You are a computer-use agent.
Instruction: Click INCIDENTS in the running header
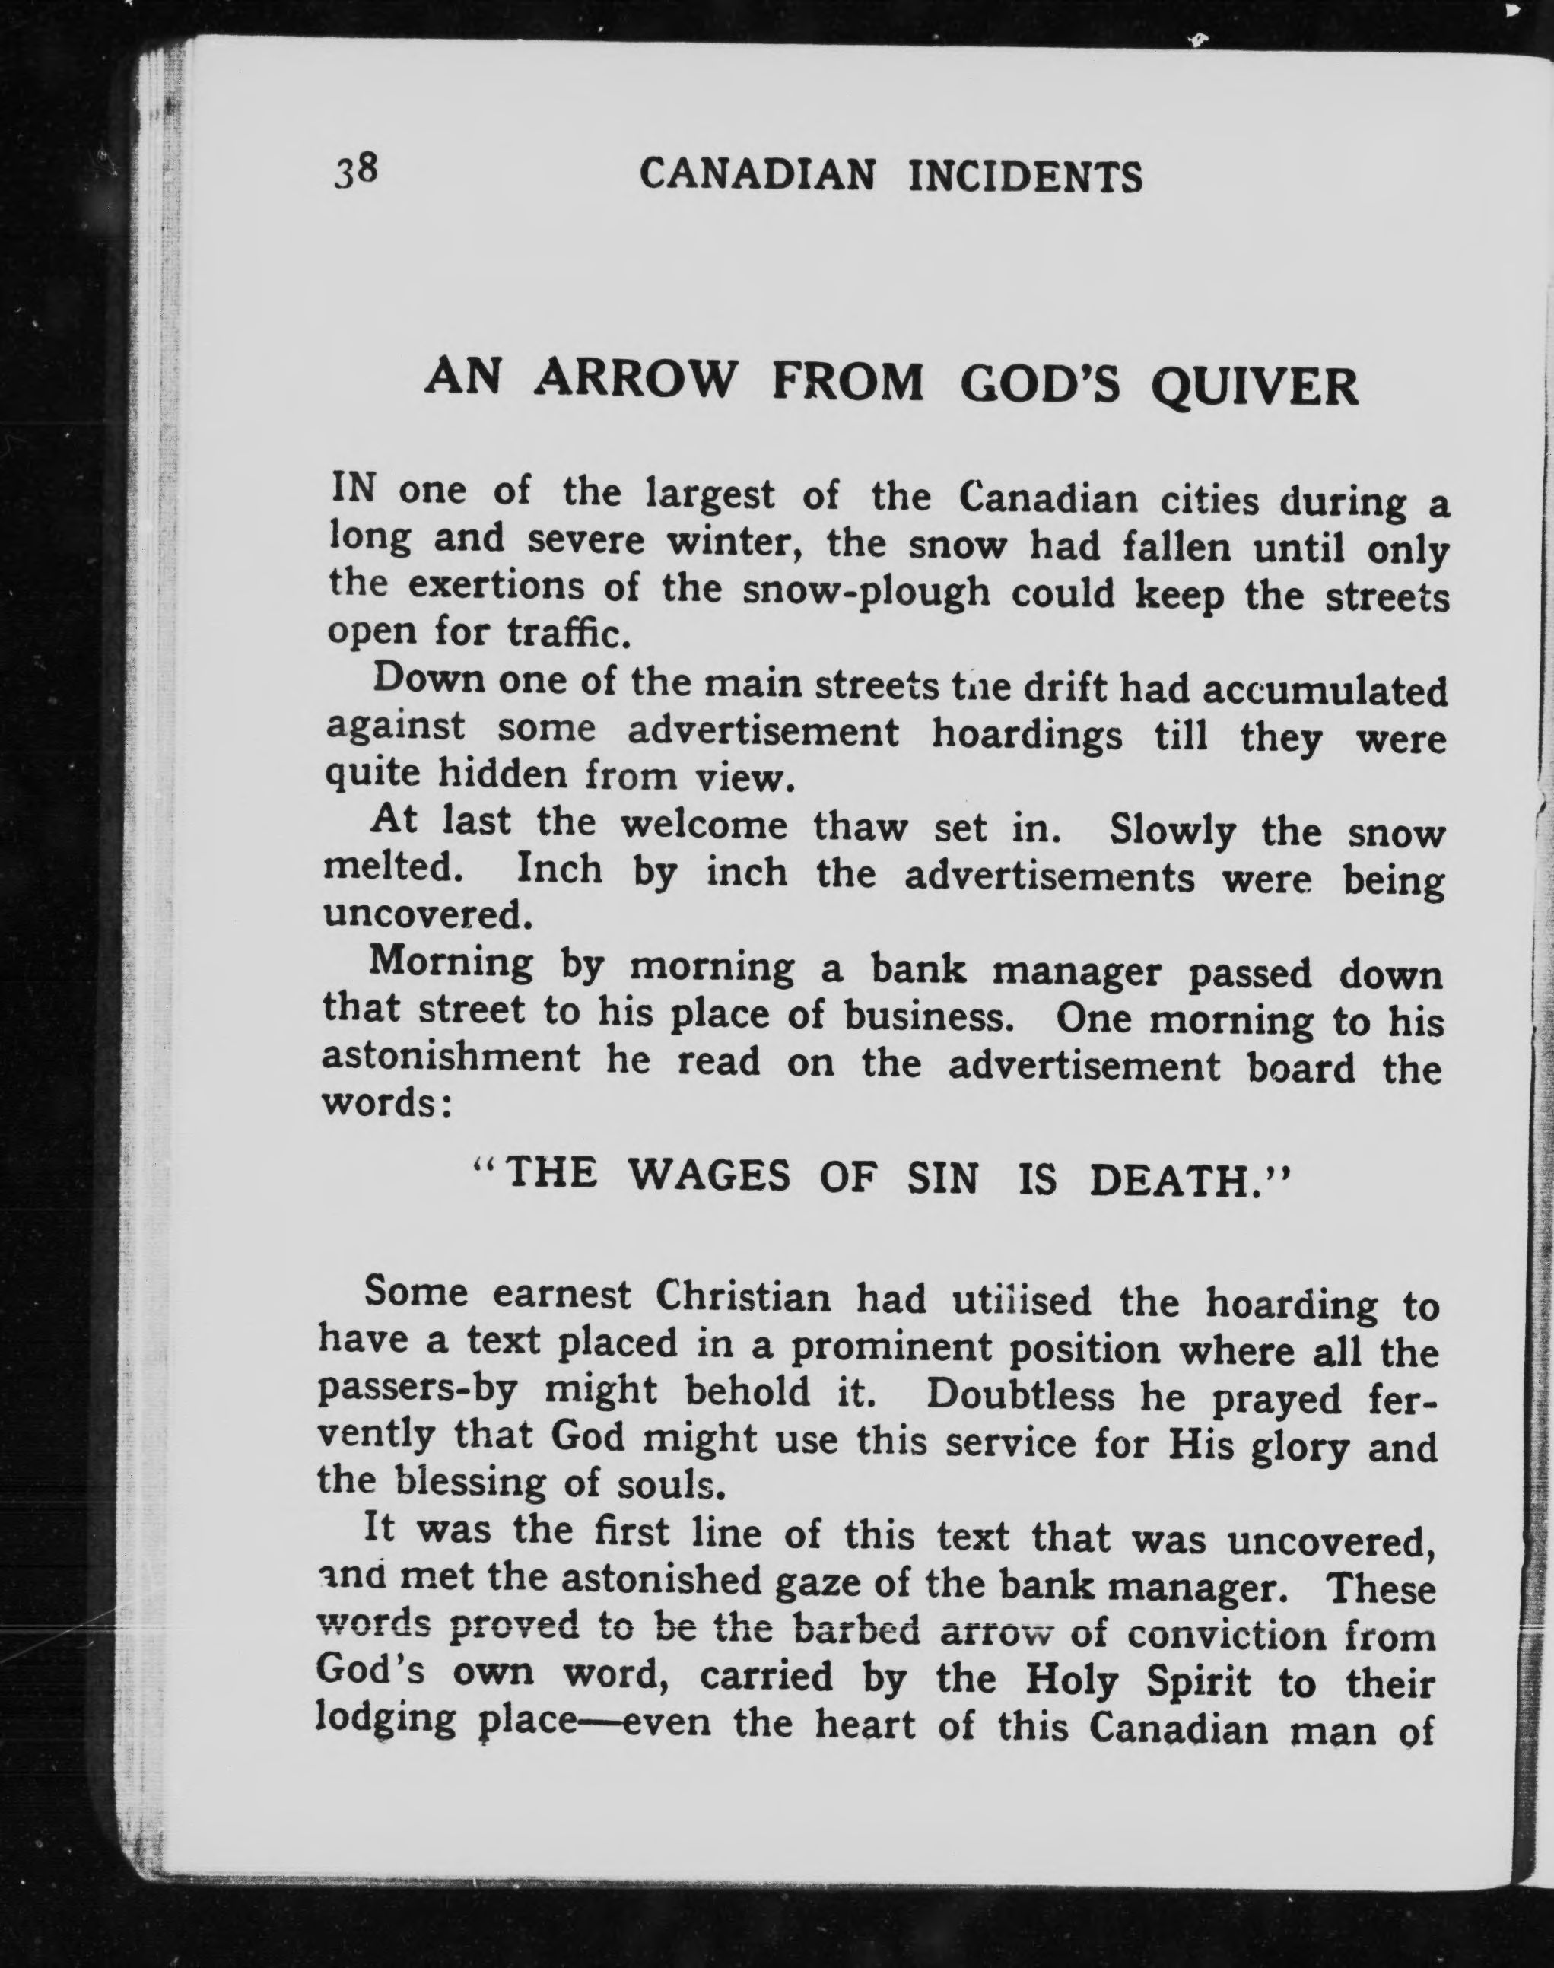[x=1025, y=176]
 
